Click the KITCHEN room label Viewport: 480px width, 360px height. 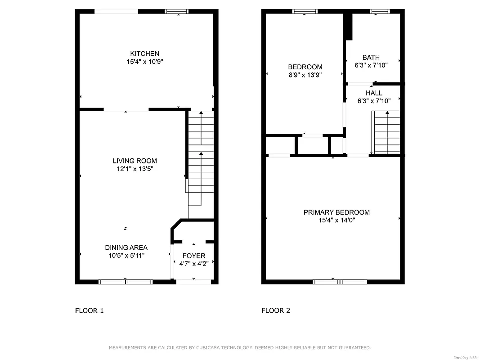click(144, 54)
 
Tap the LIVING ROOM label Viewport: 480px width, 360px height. click(135, 161)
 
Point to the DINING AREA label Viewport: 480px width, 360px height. click(126, 247)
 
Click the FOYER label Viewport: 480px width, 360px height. click(193, 256)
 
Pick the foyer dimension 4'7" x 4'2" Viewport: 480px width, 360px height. click(193, 264)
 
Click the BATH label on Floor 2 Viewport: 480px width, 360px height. click(371, 57)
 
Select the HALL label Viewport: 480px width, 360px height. click(374, 93)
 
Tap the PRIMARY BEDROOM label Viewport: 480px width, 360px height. click(336, 212)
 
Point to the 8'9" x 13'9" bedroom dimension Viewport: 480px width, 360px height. click(305, 75)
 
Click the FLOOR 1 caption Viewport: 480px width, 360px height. click(89, 310)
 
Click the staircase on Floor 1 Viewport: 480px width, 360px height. click(201, 157)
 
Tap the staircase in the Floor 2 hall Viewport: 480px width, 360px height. click(386, 133)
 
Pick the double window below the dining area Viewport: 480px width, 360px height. click(126, 282)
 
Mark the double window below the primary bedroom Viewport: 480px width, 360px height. click(340, 282)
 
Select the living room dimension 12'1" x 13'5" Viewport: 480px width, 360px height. click(135, 169)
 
